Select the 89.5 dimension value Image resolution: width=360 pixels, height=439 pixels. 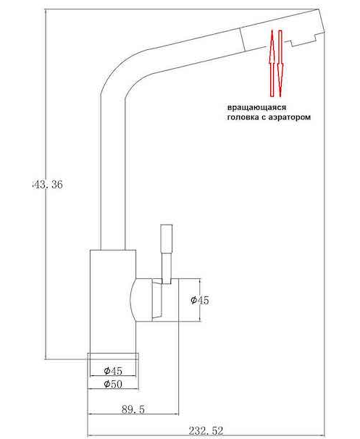(133, 410)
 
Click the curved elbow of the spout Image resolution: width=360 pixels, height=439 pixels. (120, 72)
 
